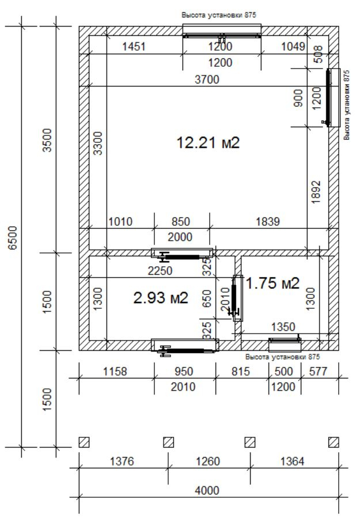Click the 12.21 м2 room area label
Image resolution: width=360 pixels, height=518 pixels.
(x=208, y=143)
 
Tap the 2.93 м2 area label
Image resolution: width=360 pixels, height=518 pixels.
(x=161, y=298)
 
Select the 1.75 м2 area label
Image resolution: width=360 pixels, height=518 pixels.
(x=273, y=283)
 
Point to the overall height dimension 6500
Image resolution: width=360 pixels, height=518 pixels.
(x=13, y=238)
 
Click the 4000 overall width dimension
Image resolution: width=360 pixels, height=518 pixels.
(x=207, y=490)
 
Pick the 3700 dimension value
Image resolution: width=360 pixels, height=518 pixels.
(x=207, y=80)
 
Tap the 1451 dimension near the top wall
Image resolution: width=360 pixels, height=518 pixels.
(x=134, y=46)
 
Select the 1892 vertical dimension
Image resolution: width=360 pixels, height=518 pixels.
(x=316, y=192)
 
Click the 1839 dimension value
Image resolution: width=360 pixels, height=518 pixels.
(x=268, y=221)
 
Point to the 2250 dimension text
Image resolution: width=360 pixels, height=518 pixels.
(x=160, y=271)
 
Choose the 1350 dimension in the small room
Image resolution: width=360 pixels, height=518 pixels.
(x=283, y=327)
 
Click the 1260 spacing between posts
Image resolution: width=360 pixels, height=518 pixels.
(x=208, y=461)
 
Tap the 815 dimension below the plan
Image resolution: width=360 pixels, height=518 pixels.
(x=241, y=371)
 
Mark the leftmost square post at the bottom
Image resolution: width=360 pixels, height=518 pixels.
(x=84, y=442)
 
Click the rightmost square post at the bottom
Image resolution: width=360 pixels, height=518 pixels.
(x=334, y=442)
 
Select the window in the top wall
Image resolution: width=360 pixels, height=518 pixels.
(x=222, y=31)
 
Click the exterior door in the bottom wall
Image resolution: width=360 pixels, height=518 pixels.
(x=185, y=347)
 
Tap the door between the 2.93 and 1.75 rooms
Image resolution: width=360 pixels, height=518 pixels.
(x=237, y=298)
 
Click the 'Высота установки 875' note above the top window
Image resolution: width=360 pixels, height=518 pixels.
(x=219, y=15)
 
